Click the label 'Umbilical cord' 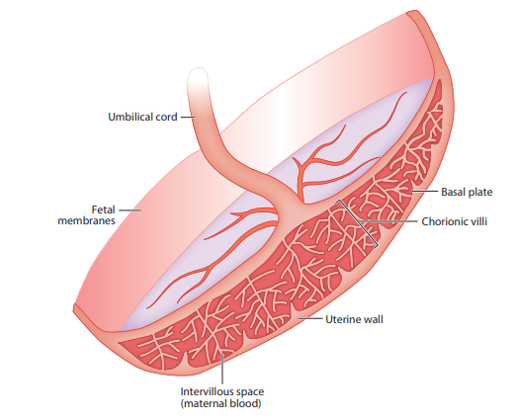(x=142, y=117)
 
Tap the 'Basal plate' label (x=467, y=192)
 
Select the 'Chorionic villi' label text (x=454, y=221)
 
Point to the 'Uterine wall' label (x=354, y=319)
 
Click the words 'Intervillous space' (x=222, y=391)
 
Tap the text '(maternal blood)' (x=220, y=403)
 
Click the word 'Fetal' (x=103, y=209)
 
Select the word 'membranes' (x=86, y=220)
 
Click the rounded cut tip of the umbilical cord (x=198, y=70)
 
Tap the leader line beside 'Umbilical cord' (x=188, y=117)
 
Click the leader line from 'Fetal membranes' (x=129, y=209)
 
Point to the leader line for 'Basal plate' (x=424, y=191)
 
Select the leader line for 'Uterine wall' (x=309, y=318)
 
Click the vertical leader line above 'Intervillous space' (x=222, y=368)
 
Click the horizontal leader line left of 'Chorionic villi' (x=388, y=221)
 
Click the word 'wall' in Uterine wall (x=373, y=319)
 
